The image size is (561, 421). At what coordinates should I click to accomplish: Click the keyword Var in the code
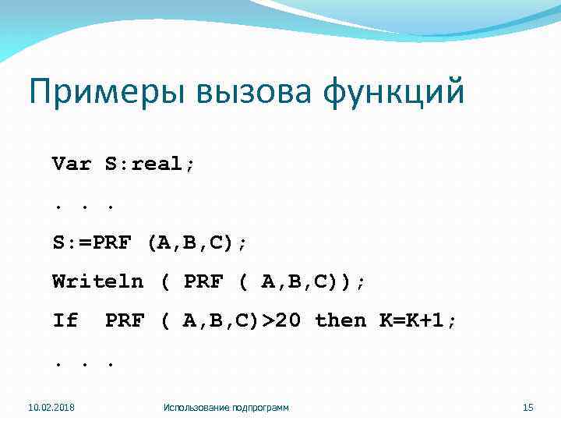point(71,165)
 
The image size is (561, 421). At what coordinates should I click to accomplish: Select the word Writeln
point(97,281)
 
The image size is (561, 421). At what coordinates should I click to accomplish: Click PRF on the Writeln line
point(203,281)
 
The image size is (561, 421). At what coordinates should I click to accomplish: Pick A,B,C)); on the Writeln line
point(312,281)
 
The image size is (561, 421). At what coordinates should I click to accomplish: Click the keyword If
point(65,320)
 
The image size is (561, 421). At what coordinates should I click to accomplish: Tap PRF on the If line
point(125,320)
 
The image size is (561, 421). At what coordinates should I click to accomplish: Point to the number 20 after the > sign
point(289,320)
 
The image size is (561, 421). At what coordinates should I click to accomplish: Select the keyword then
point(340,320)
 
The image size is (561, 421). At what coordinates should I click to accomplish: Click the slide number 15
point(527,407)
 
